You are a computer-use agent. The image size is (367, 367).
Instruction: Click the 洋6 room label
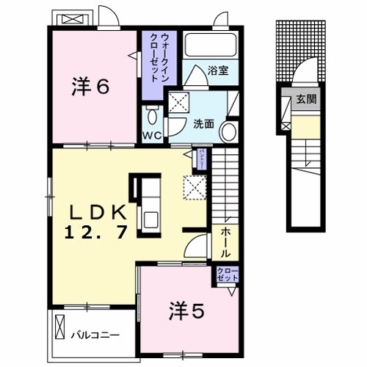[90, 87]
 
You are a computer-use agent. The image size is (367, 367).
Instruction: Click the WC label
[151, 136]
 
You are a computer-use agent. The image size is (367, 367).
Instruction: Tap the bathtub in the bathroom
[209, 46]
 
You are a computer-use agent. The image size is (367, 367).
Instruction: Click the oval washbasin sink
[228, 131]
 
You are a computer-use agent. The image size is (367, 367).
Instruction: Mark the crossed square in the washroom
[178, 102]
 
